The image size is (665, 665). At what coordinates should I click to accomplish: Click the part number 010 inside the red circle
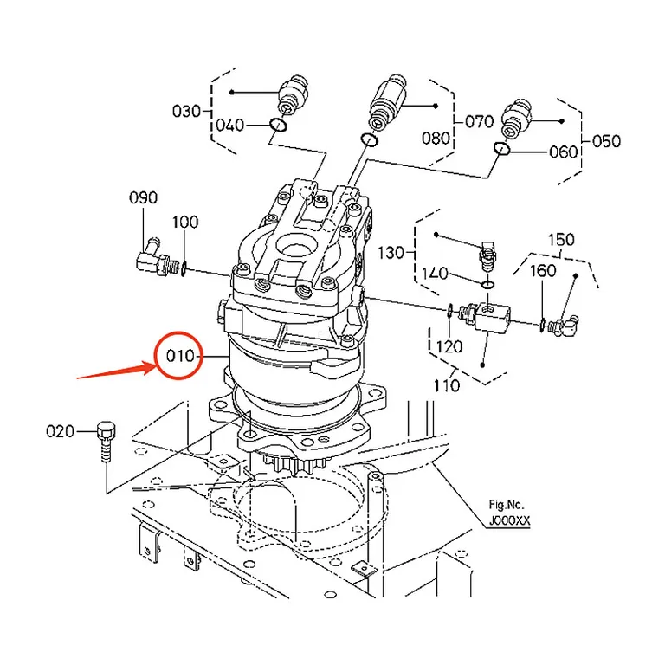click(x=180, y=355)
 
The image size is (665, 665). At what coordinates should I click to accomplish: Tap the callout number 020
click(x=61, y=431)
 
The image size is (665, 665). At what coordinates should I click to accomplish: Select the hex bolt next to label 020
click(x=106, y=442)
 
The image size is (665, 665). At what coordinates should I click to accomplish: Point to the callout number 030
click(x=186, y=111)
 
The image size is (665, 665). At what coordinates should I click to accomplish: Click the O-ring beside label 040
click(x=278, y=125)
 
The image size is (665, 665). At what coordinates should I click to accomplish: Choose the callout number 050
click(x=606, y=141)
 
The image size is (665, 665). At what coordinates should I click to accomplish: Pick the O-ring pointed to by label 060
click(x=501, y=149)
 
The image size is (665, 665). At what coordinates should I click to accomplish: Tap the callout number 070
click(x=479, y=121)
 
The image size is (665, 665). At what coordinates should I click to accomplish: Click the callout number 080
click(x=436, y=138)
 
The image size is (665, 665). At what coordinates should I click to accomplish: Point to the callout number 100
click(x=185, y=222)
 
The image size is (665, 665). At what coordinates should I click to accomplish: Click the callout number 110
click(x=447, y=385)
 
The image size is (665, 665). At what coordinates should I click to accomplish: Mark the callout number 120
click(x=449, y=346)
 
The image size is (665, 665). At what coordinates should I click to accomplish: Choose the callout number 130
click(x=391, y=253)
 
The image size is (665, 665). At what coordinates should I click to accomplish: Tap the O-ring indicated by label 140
click(x=487, y=284)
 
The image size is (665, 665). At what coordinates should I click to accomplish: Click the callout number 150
click(x=561, y=240)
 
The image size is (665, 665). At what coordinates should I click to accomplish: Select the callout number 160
click(x=543, y=270)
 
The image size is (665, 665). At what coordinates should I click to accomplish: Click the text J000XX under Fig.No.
click(x=509, y=520)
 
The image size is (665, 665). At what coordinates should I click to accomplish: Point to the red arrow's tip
click(x=157, y=364)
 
